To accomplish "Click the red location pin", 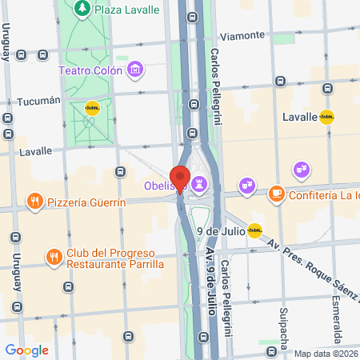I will point(180,178).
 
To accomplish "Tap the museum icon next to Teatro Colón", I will point(137,70).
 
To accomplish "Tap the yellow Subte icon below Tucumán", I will point(92,110).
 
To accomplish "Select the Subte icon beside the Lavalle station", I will point(326,117).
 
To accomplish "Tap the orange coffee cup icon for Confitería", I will point(276,194).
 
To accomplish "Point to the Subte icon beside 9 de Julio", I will point(254,231).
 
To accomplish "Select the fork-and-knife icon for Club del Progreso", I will point(53,257).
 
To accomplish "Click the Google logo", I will point(27,350).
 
